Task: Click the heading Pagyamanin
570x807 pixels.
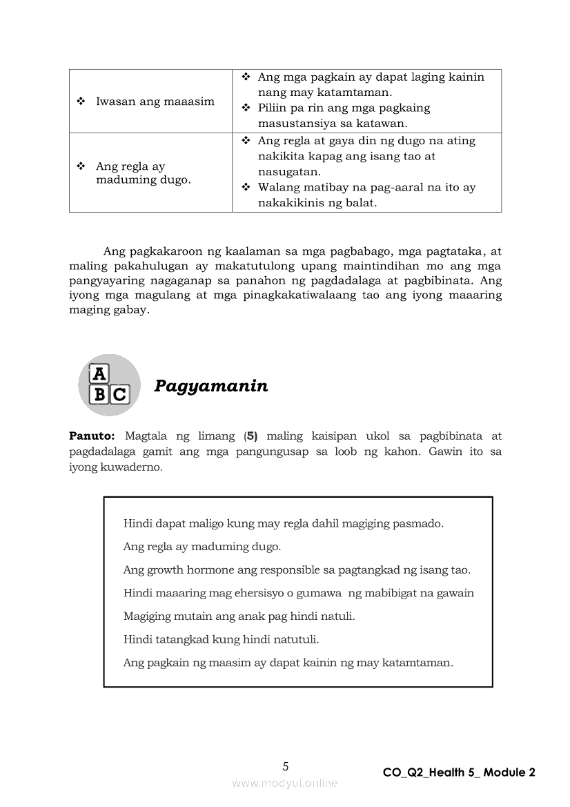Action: click(x=210, y=386)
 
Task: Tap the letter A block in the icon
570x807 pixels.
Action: click(x=100, y=373)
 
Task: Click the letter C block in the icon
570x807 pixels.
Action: click(x=119, y=394)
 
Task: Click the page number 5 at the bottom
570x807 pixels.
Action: click(x=286, y=766)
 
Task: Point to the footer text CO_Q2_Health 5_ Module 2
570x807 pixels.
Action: click(x=459, y=772)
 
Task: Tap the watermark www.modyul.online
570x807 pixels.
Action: click(x=285, y=783)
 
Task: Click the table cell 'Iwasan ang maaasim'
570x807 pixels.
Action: click(x=155, y=101)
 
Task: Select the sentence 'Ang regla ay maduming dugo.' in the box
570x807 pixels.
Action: click(x=202, y=547)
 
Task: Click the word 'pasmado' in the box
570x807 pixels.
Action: click(x=417, y=523)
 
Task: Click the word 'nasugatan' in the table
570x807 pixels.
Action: click(x=285, y=172)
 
